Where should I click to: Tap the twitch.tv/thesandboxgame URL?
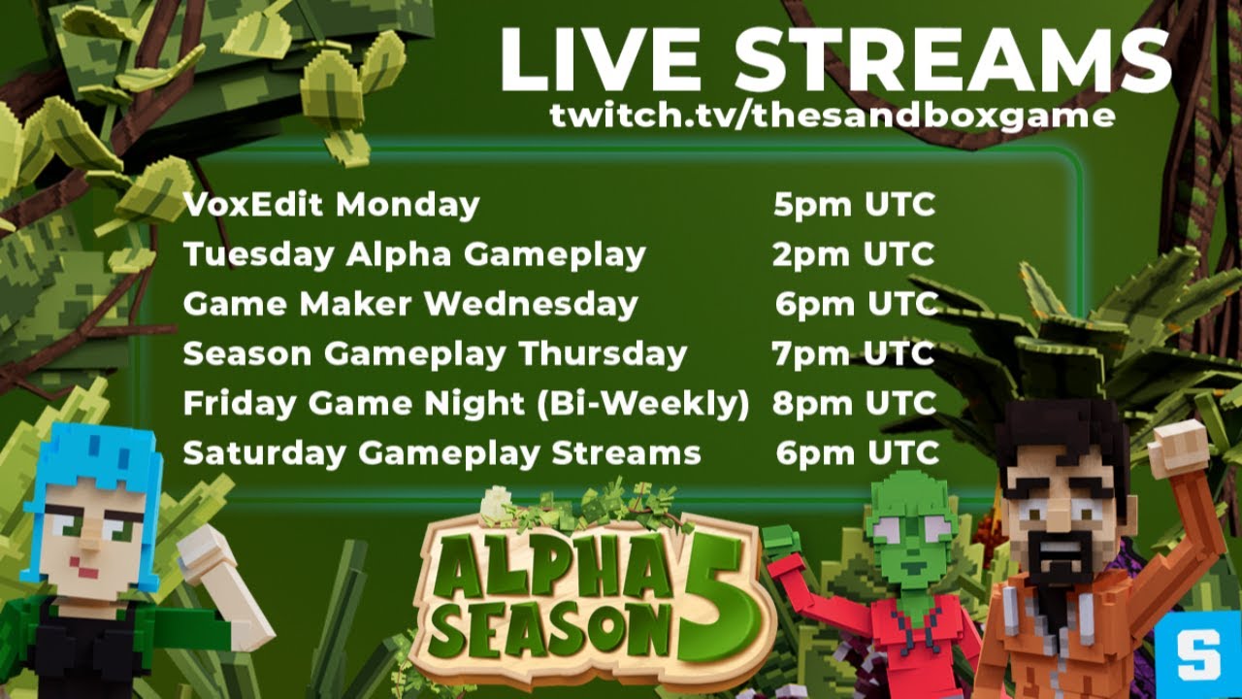[832, 116]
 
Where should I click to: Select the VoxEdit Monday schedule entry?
[331, 205]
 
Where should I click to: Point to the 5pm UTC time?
[854, 205]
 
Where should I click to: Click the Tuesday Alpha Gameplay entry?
[414, 254]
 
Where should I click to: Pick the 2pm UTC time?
[854, 254]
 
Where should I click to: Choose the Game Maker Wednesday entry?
[410, 304]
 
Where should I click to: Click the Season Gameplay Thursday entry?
[435, 353]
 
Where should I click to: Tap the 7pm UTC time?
[854, 353]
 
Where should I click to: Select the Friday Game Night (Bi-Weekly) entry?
[466, 403]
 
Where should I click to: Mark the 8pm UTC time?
[854, 403]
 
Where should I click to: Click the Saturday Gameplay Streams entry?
[441, 452]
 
